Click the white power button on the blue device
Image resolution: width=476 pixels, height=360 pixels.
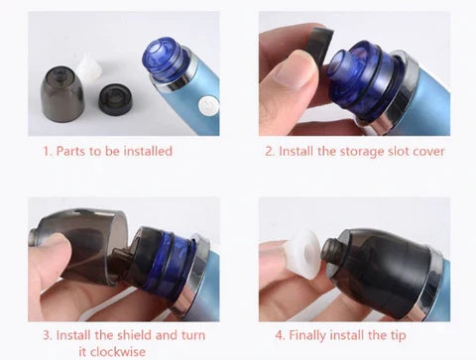[208, 106]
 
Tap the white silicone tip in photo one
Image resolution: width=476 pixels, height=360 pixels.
[89, 68]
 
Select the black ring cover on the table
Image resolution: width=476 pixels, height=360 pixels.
[115, 98]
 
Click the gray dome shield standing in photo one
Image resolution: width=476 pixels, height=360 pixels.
[62, 93]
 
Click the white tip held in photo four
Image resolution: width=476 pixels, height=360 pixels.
[301, 254]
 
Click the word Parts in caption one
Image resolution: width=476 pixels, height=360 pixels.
[71, 151]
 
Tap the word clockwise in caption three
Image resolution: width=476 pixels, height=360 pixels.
[112, 351]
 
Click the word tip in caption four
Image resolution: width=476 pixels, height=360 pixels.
[398, 335]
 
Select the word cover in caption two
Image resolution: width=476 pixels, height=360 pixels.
[428, 152]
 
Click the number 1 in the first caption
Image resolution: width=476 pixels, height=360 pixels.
[48, 152]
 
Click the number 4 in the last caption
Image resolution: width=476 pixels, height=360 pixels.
[280, 335]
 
